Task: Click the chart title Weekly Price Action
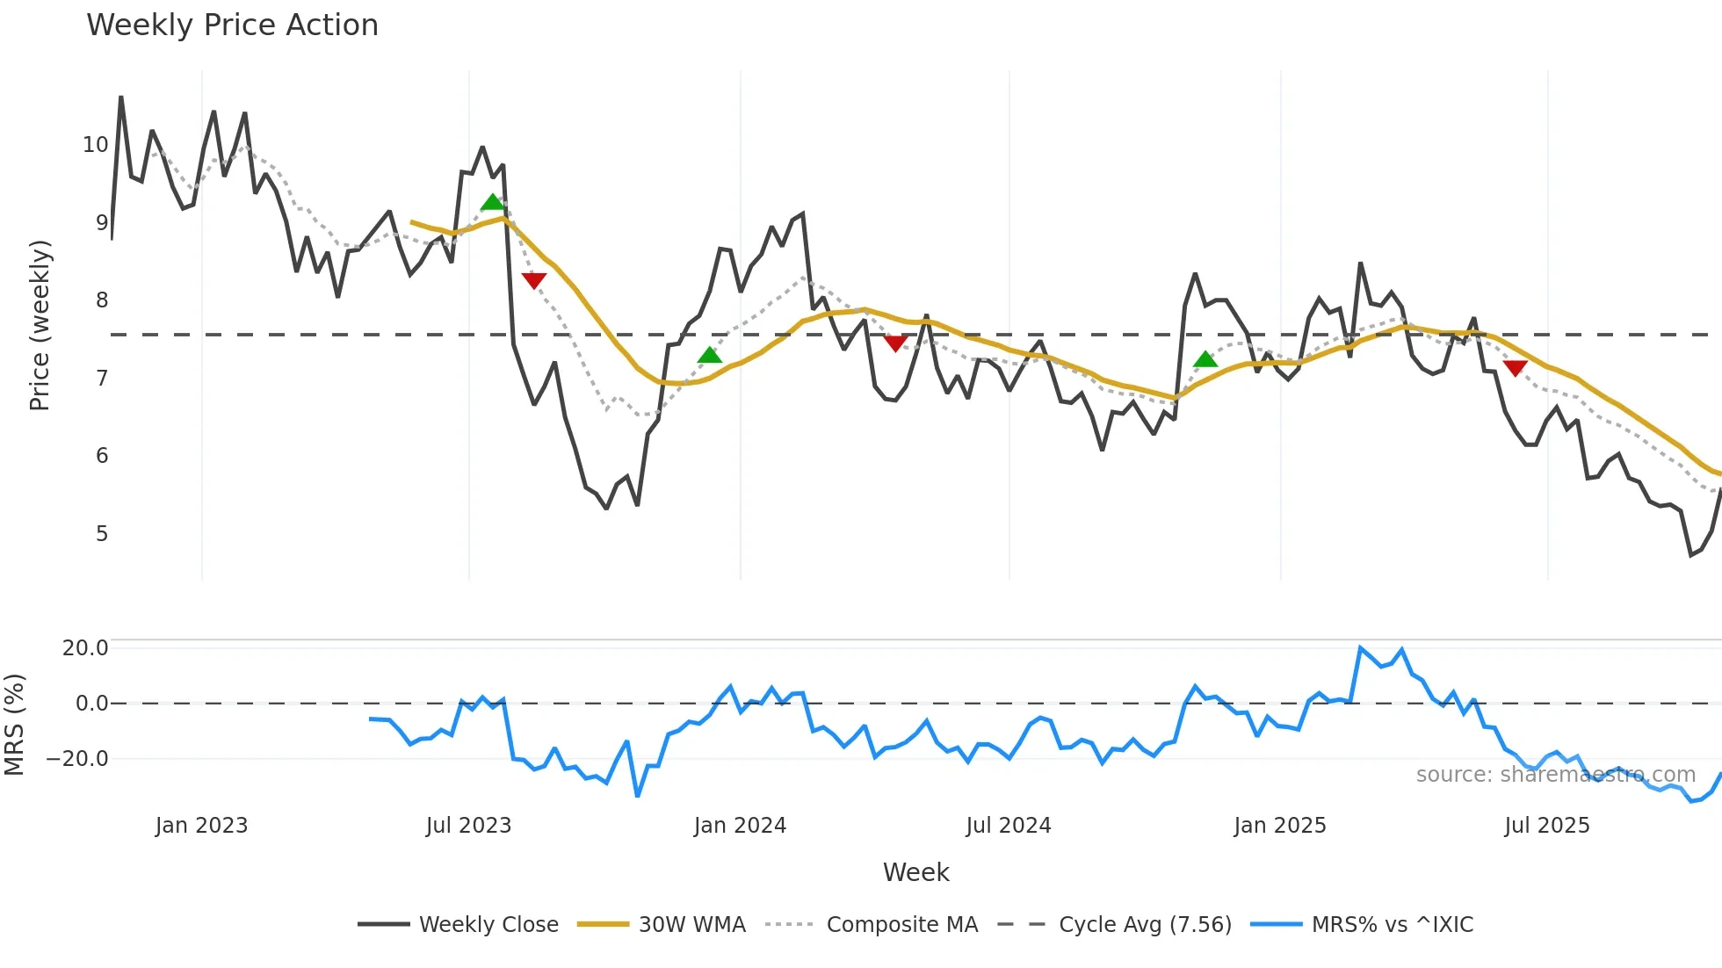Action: pos(232,25)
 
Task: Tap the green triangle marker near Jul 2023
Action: pos(493,203)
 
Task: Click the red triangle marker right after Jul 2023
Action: pos(534,280)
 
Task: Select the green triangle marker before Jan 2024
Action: pos(709,355)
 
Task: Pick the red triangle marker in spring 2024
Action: pos(895,343)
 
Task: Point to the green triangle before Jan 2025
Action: pos(1205,359)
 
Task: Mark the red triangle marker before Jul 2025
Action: pos(1515,368)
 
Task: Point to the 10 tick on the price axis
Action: pos(95,145)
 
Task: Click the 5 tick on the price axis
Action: pos(102,534)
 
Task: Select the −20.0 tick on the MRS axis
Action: pos(77,759)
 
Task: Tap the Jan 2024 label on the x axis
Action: pos(740,826)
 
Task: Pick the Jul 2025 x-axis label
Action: pos(1546,826)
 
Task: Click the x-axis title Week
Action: pos(915,872)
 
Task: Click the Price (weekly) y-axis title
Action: pos(40,325)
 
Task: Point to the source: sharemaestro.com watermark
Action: pos(1555,775)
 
